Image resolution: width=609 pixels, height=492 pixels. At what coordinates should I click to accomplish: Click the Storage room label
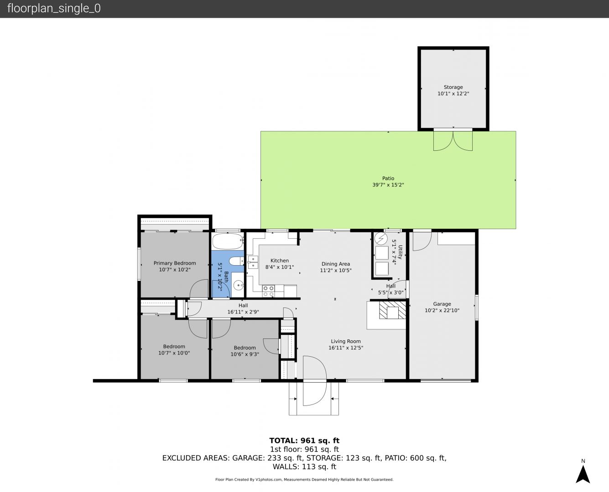pos(453,87)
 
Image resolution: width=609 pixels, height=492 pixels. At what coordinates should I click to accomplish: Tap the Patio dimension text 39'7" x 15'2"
pos(388,185)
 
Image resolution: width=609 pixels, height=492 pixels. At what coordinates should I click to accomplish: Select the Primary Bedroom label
pos(175,263)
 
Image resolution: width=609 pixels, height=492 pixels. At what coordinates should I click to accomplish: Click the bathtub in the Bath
pos(228,241)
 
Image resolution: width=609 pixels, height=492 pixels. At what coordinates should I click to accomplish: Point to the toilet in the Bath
pos(236,261)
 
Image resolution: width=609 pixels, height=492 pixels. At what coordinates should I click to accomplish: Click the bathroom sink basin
pos(238,285)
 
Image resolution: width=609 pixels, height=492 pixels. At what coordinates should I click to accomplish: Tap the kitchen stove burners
pos(269,291)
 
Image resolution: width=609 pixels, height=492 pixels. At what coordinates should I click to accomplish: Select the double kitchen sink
pos(253,262)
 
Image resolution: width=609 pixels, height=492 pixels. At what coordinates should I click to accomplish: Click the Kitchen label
pos(280,261)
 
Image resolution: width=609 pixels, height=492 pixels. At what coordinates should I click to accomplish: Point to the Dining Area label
pos(336,264)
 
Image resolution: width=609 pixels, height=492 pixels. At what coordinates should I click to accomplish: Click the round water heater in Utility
pos(381,239)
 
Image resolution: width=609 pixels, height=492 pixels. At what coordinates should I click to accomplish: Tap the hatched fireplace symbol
pos(393,310)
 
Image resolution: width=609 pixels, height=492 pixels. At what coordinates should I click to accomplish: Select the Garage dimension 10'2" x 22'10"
pos(442,310)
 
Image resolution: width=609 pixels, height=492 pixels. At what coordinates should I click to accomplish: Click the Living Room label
pos(346,341)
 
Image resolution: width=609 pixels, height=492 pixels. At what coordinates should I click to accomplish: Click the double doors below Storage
pos(453,140)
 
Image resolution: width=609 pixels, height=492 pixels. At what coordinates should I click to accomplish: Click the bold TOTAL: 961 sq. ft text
pos(305,441)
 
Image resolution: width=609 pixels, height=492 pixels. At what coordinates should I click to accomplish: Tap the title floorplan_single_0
pos(54,9)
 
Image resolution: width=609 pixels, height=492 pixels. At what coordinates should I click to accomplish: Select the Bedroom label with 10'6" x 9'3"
pos(245,348)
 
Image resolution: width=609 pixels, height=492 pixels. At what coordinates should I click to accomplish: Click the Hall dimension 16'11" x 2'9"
pos(243,312)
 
